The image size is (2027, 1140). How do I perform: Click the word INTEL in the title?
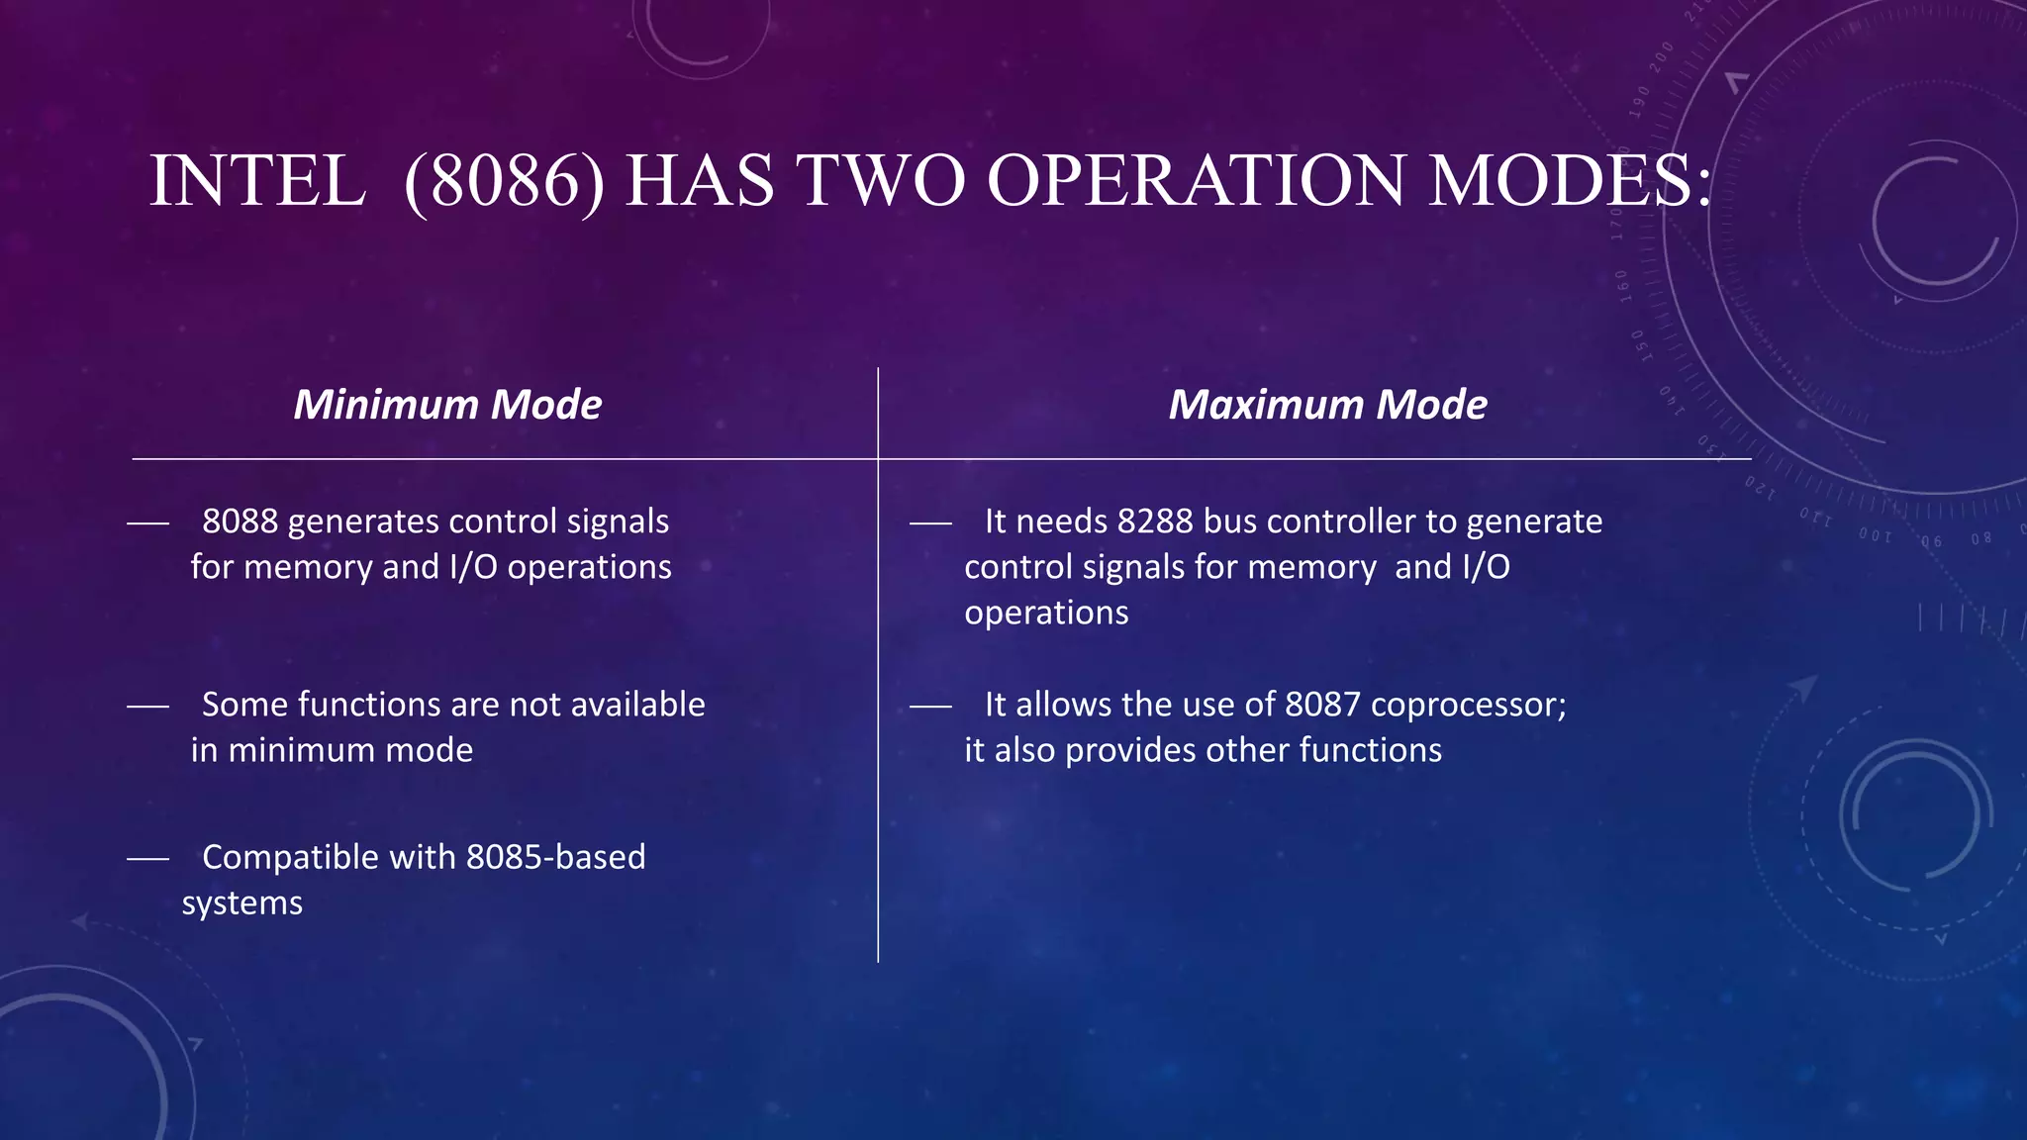click(x=257, y=182)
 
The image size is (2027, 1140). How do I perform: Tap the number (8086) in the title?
click(x=505, y=182)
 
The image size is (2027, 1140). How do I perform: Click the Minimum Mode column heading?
click(x=447, y=405)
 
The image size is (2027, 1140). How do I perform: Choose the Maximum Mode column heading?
click(x=1327, y=405)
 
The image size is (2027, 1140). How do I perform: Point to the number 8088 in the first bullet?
click(x=240, y=522)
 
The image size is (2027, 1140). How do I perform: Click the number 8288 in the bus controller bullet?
click(x=1155, y=522)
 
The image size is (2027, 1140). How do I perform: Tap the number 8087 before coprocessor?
click(x=1322, y=705)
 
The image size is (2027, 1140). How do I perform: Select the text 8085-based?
click(x=555, y=857)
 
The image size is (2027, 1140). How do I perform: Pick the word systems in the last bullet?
click(x=242, y=903)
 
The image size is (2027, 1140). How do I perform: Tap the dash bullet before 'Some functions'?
click(x=147, y=707)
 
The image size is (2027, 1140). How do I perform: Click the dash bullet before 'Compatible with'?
click(x=147, y=859)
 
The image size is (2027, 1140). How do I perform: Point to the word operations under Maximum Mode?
click(x=1046, y=614)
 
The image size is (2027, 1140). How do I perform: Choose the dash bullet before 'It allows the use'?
click(x=930, y=707)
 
